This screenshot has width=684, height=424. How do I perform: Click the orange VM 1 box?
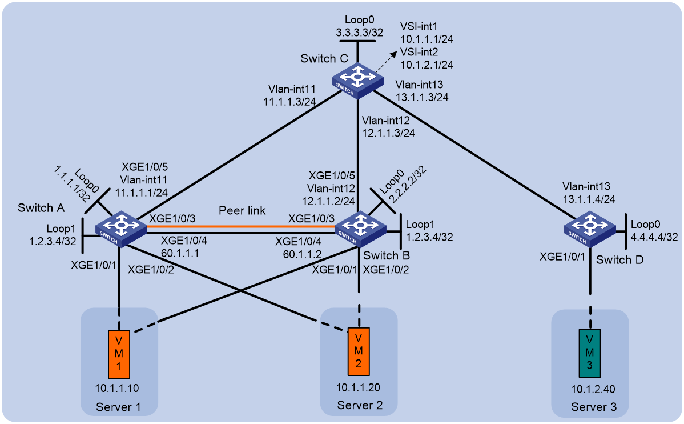[119, 354]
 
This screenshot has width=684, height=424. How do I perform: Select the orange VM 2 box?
[359, 351]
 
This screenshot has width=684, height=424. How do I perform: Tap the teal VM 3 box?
[590, 353]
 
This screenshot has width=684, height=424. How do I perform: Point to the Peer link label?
[242, 210]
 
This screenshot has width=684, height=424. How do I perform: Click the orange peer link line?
[241, 227]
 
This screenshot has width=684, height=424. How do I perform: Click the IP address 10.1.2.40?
[593, 390]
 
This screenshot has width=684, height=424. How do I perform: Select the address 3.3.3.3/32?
[360, 33]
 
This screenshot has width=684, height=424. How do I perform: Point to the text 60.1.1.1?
[180, 253]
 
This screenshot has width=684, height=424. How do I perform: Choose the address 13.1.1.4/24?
[589, 199]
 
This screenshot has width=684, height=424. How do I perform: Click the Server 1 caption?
[118, 407]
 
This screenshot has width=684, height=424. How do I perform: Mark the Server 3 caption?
[594, 407]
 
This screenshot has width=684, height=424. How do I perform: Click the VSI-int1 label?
[419, 27]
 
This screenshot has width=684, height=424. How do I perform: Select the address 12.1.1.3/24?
[388, 133]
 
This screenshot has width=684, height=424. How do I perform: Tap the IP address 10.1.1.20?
[358, 387]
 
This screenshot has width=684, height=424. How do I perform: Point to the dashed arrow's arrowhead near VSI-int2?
[394, 53]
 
